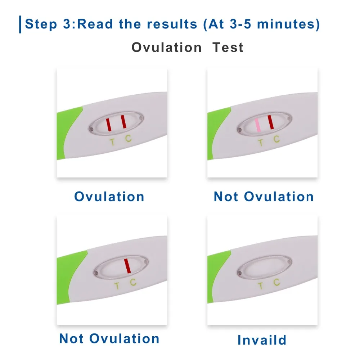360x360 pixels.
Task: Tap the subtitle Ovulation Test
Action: click(187, 48)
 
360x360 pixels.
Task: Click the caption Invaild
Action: click(262, 340)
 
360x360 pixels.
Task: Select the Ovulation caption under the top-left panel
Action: click(109, 197)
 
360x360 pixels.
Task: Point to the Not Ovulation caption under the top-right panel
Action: click(264, 197)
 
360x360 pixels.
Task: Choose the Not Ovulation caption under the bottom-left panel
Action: click(109, 339)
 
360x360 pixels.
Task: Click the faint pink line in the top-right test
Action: click(258, 125)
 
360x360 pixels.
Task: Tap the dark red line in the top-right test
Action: click(270, 122)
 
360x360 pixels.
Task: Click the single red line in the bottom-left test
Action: click(127, 266)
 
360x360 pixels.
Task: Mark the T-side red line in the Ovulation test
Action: click(108, 124)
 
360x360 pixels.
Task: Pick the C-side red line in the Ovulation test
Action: click(123, 121)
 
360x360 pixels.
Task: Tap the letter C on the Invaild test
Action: click(276, 282)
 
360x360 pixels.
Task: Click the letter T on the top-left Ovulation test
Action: click(112, 142)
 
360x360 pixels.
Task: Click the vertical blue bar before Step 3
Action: click(20, 24)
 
